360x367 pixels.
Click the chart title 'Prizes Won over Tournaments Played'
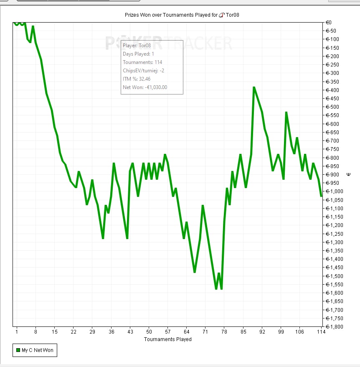[171, 15]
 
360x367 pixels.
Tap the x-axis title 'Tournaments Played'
[167, 339]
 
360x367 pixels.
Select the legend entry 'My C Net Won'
[37, 350]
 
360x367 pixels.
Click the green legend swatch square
[18, 350]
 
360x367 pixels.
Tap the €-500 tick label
[334, 107]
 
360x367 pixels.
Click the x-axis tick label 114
[321, 332]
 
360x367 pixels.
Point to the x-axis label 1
[17, 332]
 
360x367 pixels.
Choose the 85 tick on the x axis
[243, 332]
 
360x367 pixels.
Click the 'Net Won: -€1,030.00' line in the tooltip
[145, 87]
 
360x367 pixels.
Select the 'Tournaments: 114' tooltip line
[142, 62]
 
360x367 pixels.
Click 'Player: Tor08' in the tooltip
[137, 45]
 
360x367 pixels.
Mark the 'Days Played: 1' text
[139, 54]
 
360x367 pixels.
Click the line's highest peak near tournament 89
[254, 87]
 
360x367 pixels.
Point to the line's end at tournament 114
[321, 196]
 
